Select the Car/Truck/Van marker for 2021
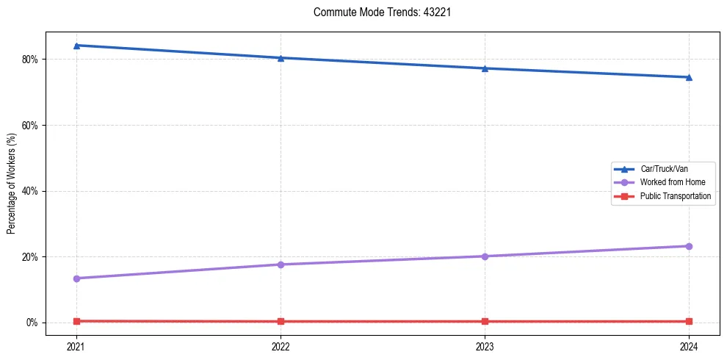point(76,46)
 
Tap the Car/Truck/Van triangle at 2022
point(281,58)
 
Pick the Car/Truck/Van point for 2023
point(485,68)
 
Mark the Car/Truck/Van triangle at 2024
point(689,77)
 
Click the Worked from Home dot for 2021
point(76,278)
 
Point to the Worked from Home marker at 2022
point(281,264)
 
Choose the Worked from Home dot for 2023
point(485,256)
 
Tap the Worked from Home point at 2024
point(689,246)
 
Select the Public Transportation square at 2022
point(281,321)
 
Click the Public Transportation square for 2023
point(485,321)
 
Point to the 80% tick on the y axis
point(30,59)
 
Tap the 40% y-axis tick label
point(30,191)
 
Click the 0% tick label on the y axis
point(32,323)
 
